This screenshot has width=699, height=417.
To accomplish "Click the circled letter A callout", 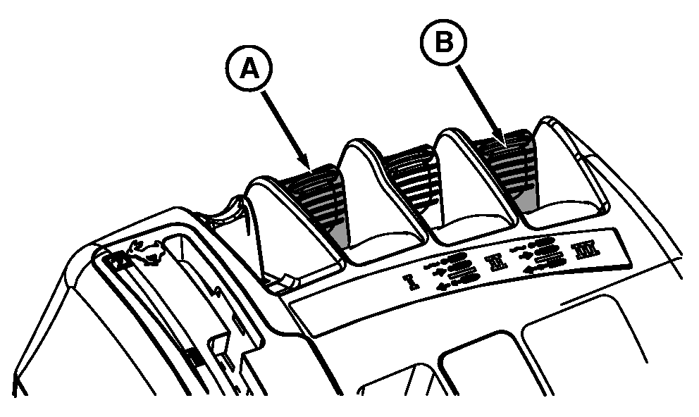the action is pos(249,70).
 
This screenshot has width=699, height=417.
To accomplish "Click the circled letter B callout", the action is pos(443,42).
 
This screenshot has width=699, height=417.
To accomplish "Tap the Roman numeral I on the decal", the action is pos(410,282).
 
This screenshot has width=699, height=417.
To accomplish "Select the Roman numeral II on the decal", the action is pos(497,262).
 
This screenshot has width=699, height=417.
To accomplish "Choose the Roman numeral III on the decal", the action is pos(586,250).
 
